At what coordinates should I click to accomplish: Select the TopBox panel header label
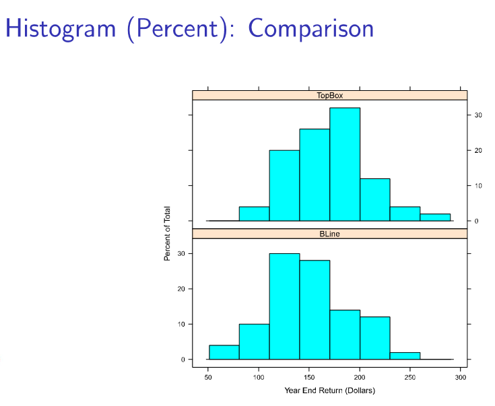(x=329, y=96)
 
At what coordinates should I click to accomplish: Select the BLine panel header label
(x=329, y=234)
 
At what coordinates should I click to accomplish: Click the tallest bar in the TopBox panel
(x=345, y=164)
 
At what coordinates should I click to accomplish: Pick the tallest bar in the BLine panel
(x=284, y=306)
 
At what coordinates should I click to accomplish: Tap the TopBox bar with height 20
(x=284, y=185)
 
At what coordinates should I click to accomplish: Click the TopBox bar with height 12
(x=374, y=199)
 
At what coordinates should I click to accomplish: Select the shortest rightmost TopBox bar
(x=435, y=217)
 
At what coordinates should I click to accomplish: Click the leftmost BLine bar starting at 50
(x=224, y=352)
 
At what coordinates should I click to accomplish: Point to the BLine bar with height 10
(x=254, y=341)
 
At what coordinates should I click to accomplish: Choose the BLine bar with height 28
(x=315, y=310)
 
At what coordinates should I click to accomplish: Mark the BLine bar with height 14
(x=345, y=335)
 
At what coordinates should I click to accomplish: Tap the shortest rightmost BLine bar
(x=405, y=356)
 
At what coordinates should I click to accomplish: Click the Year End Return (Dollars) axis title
(x=329, y=390)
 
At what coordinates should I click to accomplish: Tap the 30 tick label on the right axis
(x=477, y=115)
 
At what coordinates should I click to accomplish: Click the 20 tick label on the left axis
(x=180, y=289)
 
